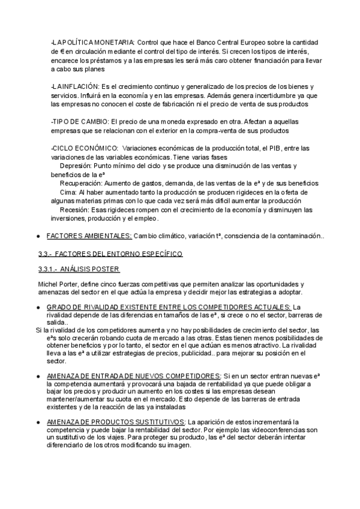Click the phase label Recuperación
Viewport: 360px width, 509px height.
click(81, 183)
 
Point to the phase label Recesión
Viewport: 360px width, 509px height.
click(74, 209)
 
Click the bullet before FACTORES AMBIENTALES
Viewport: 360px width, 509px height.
click(38, 236)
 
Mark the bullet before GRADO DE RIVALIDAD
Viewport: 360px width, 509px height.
click(38, 307)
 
